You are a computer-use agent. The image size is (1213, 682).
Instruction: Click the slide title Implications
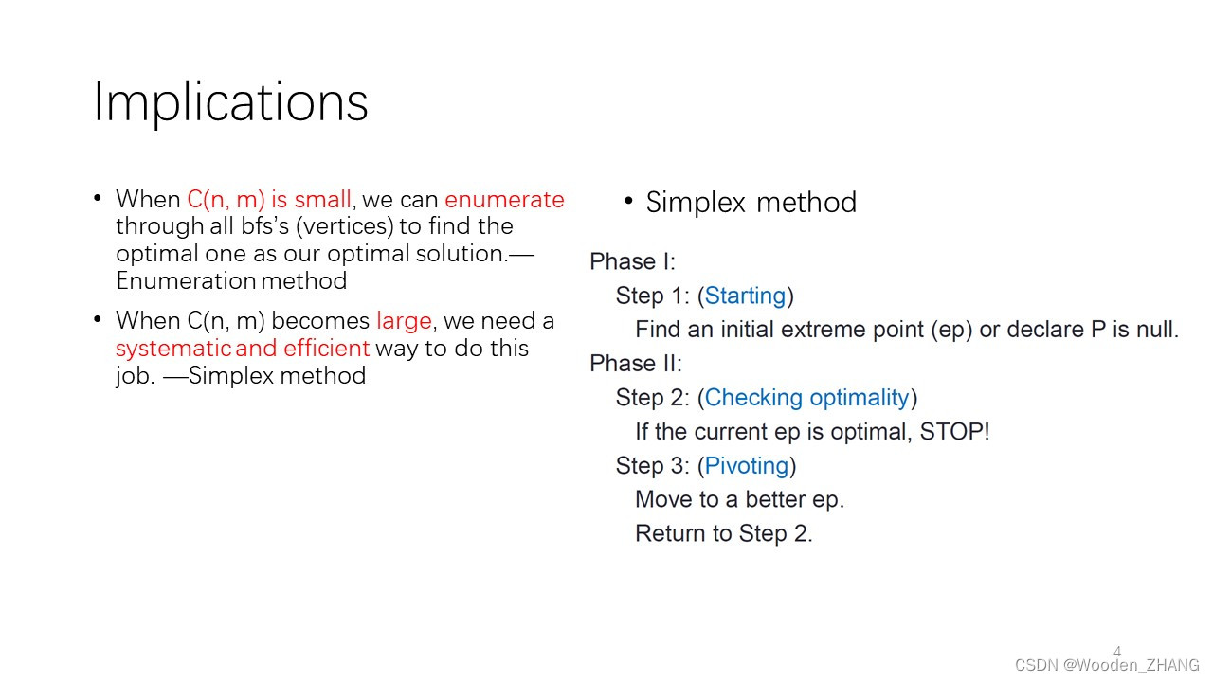230,102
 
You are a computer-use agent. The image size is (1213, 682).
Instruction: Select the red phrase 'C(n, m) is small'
269,200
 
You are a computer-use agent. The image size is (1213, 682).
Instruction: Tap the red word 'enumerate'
504,200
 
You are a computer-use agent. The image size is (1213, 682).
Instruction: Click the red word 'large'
404,321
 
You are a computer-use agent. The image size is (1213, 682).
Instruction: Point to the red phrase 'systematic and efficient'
242,349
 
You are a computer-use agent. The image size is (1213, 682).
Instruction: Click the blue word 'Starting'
745,296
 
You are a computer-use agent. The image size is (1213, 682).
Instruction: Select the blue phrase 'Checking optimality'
806,398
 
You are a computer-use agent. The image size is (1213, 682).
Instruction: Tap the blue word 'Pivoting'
747,466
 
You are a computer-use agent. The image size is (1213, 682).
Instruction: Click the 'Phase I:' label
632,261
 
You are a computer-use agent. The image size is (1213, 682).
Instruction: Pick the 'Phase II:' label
635,364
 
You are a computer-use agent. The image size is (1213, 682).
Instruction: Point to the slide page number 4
1116,652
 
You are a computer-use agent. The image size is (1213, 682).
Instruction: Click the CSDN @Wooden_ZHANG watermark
1107,665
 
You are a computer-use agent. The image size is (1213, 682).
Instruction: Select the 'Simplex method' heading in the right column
751,203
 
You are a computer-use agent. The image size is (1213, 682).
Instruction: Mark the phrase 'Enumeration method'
231,281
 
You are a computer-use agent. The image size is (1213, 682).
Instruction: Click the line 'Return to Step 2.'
724,534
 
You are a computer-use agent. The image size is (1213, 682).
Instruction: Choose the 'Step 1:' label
652,296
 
